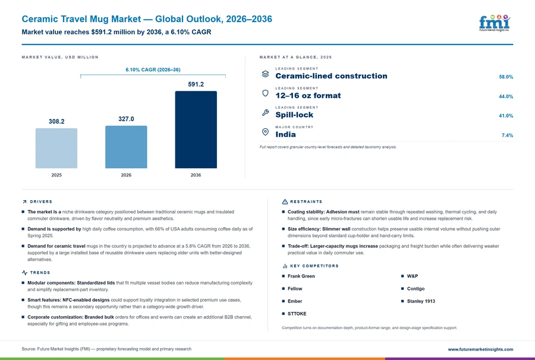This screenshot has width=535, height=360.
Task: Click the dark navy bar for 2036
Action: coord(196,130)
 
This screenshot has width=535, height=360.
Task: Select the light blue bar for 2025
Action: coord(56,149)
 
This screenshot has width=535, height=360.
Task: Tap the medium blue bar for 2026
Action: coord(126,147)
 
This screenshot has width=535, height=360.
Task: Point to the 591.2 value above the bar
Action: coord(196,84)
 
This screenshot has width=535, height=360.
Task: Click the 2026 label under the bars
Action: coord(126,175)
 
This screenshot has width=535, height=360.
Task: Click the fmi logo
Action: coord(495,23)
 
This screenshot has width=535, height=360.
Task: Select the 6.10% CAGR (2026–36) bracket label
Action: coord(153,70)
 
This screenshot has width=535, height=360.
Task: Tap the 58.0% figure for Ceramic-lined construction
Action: coord(506,77)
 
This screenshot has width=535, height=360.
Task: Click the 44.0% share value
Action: coord(506,96)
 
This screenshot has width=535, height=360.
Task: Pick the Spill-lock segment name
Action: coord(294,115)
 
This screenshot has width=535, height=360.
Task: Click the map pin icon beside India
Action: coord(265,132)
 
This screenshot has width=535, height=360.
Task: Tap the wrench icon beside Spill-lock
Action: coord(265,112)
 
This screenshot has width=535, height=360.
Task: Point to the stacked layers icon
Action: coord(265,74)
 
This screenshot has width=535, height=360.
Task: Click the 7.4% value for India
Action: coord(508,135)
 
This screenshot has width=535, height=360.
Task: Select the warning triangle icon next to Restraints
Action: coord(285,202)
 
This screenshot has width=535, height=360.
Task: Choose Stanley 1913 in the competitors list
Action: coord(421,301)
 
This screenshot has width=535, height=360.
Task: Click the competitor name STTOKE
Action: coord(297,314)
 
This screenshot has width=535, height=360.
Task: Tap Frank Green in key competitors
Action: coord(301,276)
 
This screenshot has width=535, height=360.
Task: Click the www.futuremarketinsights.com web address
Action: coord(480,349)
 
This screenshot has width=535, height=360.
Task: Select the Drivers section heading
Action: coord(41,202)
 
